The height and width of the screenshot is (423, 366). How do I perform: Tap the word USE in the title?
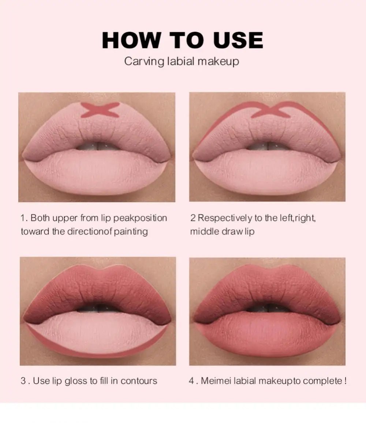pyautogui.click(x=238, y=40)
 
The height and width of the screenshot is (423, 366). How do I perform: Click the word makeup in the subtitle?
pyautogui.click(x=218, y=61)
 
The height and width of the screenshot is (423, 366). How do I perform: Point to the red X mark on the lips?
pyautogui.click(x=100, y=110)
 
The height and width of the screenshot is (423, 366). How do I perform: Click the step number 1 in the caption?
pyautogui.click(x=23, y=218)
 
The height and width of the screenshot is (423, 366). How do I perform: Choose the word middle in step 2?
pyautogui.click(x=205, y=231)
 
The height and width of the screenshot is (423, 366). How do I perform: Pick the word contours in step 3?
pyautogui.click(x=139, y=381)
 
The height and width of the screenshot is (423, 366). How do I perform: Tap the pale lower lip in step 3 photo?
pyautogui.click(x=97, y=333)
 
